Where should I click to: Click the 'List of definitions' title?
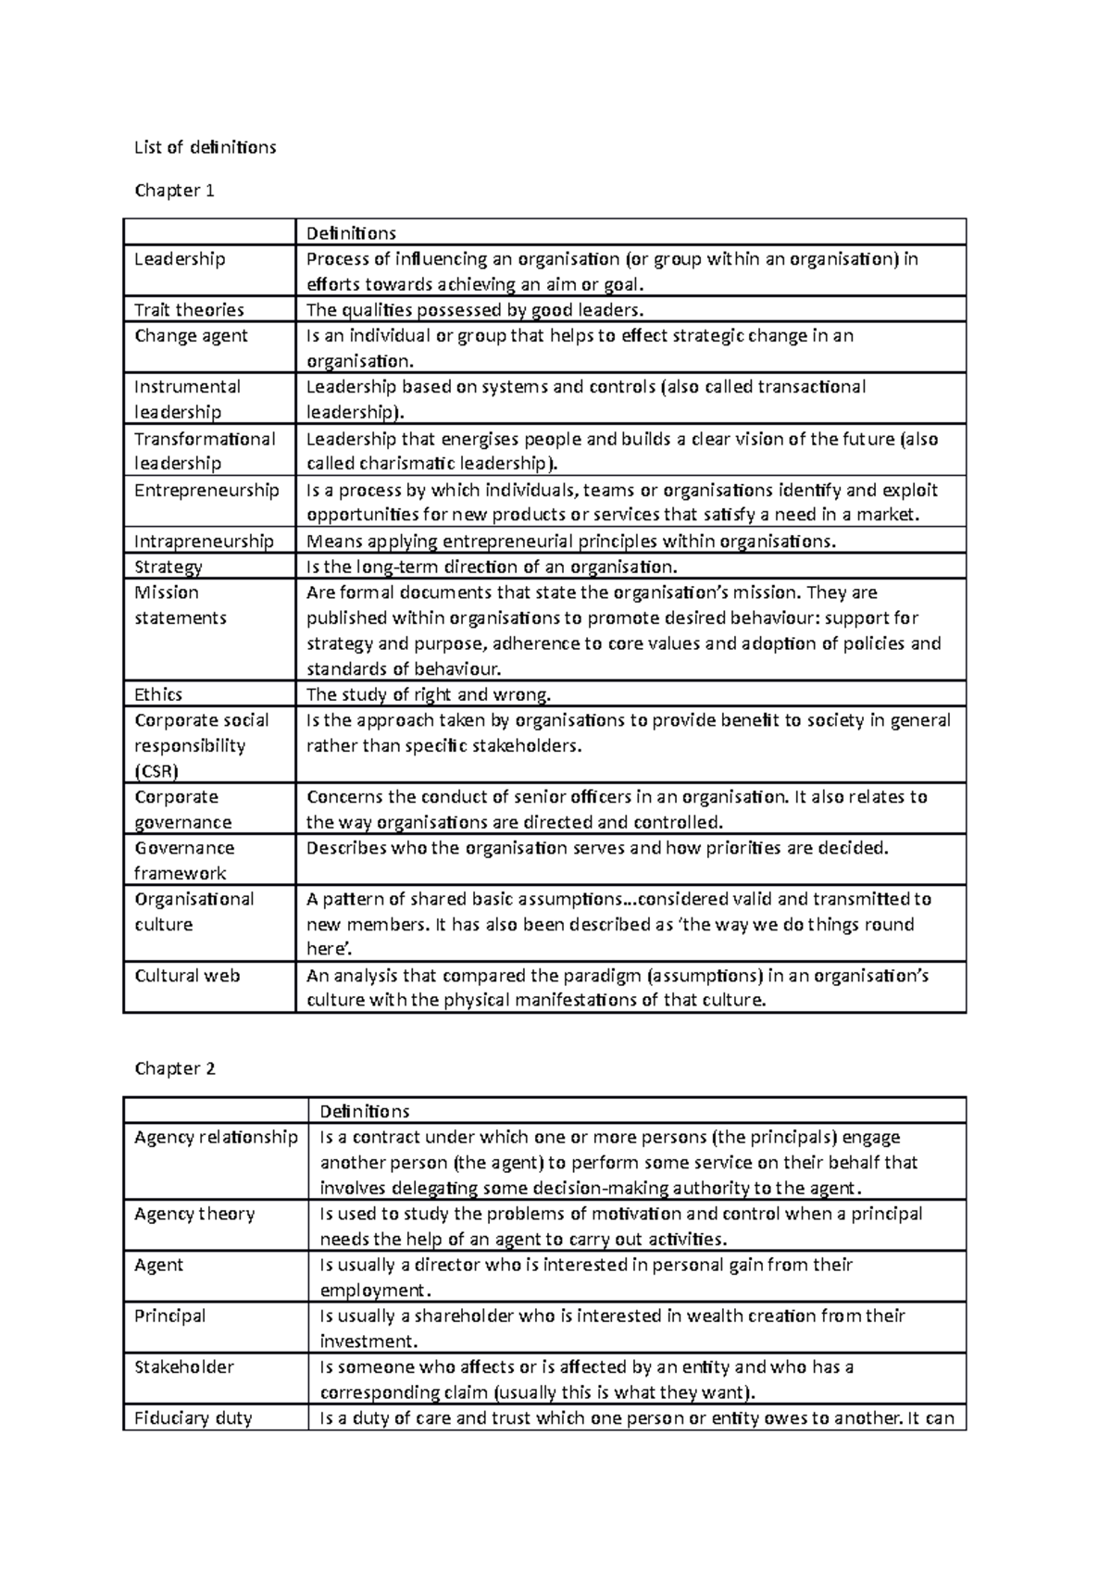(x=205, y=147)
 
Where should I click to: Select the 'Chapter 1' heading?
(x=174, y=191)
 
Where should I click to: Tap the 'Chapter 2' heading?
(x=174, y=1068)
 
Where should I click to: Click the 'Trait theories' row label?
(x=189, y=310)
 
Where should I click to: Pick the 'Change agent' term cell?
(x=191, y=335)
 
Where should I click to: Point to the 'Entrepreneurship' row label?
(x=206, y=490)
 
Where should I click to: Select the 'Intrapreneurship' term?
(x=204, y=542)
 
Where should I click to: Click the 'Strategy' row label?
(x=169, y=567)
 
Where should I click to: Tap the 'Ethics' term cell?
(x=158, y=694)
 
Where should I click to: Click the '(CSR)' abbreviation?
(x=156, y=771)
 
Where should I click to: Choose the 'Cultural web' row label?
(x=187, y=975)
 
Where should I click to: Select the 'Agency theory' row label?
(x=194, y=1214)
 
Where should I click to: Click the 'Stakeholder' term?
(x=184, y=1366)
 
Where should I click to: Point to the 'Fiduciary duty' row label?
(x=193, y=1417)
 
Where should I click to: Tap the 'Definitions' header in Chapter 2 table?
(x=365, y=1111)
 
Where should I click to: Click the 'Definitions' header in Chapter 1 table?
(x=351, y=232)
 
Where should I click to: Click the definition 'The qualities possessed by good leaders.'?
(x=474, y=310)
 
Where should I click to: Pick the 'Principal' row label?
(x=170, y=1316)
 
